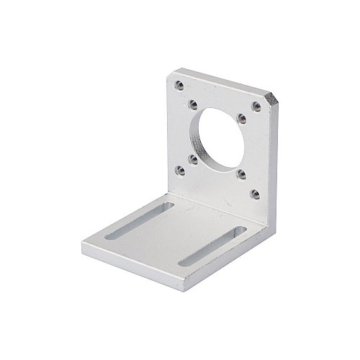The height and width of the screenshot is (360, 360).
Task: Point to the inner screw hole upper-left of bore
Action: click(193, 104)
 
